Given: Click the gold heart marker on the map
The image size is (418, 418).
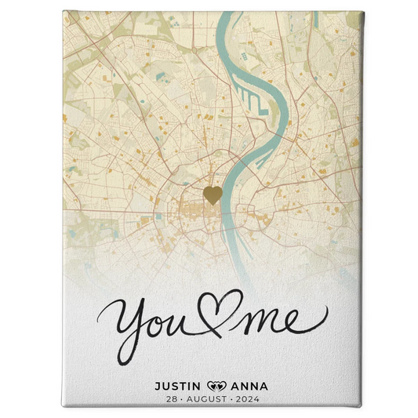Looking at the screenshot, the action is point(212,194).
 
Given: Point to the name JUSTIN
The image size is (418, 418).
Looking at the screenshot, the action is point(179,386).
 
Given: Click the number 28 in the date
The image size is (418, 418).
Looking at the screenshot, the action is point(172,398).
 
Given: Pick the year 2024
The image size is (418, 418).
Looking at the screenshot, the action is point(245,398).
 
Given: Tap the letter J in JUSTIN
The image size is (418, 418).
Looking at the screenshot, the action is point(158,386).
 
